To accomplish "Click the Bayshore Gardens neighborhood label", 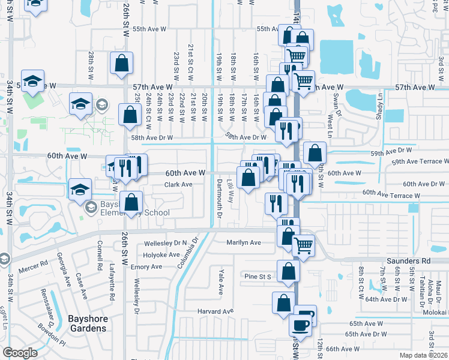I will [x=78, y=324].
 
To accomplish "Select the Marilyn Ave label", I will [x=243, y=242].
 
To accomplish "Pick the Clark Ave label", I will [x=179, y=185].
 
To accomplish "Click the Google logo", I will [x=20, y=352].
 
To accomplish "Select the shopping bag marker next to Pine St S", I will [x=288, y=271].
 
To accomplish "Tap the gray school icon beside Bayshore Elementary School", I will [x=91, y=208].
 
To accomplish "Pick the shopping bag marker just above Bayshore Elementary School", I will [x=131, y=203].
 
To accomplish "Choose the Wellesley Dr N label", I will [x=166, y=244].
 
